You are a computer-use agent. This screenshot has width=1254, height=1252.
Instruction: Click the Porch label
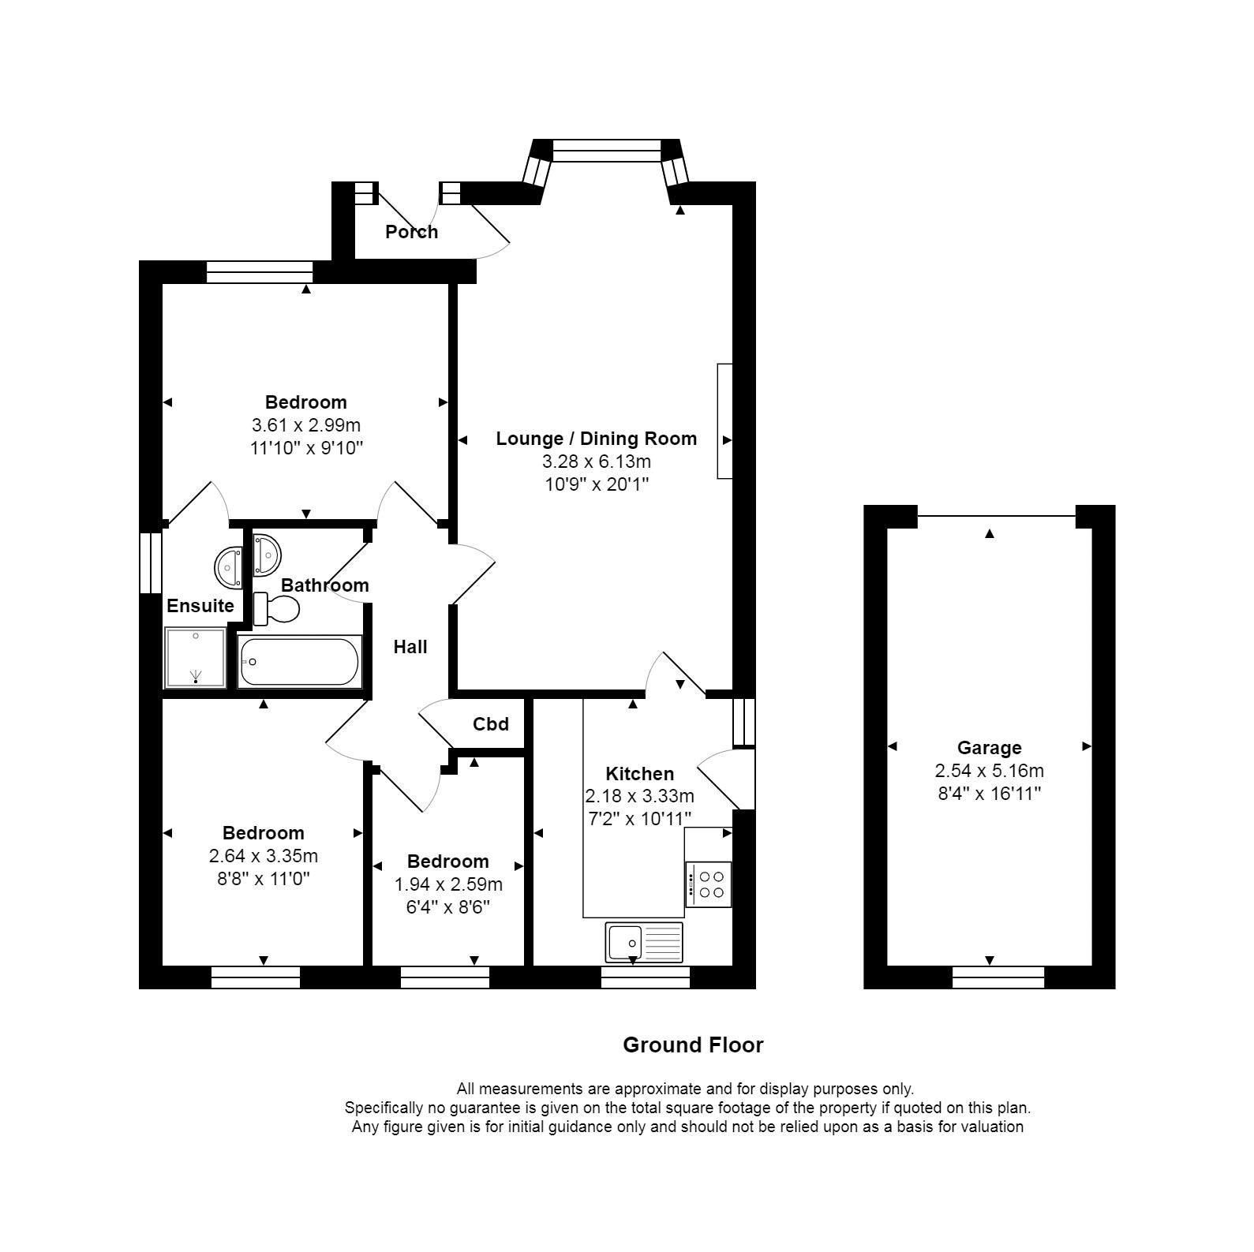(411, 231)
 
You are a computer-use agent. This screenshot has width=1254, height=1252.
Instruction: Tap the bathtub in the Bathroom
(299, 661)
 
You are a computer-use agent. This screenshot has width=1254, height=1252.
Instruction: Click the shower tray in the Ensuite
(195, 658)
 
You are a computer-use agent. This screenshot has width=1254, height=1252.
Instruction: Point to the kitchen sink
(644, 943)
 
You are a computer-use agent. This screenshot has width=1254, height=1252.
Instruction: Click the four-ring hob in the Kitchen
(709, 884)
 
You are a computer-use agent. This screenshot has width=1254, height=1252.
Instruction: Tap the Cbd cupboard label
(491, 723)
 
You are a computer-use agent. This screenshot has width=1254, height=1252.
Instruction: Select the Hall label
(410, 647)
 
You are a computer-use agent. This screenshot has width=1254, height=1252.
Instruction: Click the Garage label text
(989, 748)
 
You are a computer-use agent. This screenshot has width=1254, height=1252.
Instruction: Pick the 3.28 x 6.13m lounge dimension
(597, 462)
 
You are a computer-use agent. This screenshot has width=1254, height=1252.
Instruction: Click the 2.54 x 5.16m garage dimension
(989, 771)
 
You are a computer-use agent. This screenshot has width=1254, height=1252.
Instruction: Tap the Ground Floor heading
(693, 1045)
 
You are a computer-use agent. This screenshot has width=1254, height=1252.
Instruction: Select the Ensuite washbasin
(230, 566)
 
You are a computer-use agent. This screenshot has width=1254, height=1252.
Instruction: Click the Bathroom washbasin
(267, 555)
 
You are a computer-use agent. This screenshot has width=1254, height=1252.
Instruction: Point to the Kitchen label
(639, 774)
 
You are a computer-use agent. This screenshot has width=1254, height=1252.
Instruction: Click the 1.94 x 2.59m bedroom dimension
(448, 884)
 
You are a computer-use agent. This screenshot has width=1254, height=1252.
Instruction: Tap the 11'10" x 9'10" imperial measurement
(306, 448)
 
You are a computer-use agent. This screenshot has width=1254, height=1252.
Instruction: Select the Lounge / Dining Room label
(597, 439)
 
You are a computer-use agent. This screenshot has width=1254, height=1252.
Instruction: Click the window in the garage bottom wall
(998, 977)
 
